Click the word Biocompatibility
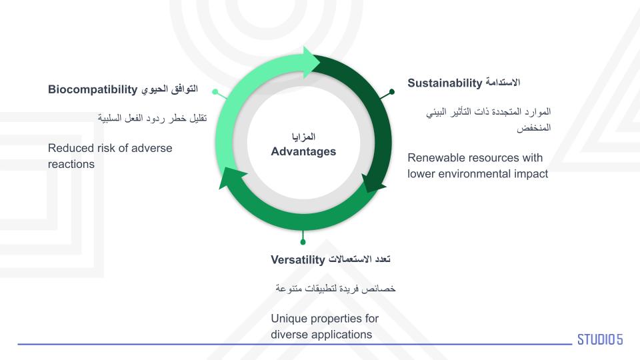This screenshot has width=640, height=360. point(93,89)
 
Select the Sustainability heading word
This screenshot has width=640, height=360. point(445,83)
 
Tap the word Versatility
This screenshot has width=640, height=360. point(298,260)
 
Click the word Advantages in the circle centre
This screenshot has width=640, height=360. point(303,151)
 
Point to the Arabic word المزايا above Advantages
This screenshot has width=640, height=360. point(303,136)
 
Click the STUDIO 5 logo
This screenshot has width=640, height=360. point(600,339)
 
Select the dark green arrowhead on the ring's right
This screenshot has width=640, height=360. point(373,183)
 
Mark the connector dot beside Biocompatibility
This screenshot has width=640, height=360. point(215,92)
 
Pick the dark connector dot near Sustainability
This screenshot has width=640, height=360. point(392,92)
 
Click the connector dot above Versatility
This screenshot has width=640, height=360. point(303,242)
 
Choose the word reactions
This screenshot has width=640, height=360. point(71,165)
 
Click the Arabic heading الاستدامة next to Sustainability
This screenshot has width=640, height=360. point(503,83)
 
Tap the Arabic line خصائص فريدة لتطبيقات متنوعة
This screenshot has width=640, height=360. point(335,289)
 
